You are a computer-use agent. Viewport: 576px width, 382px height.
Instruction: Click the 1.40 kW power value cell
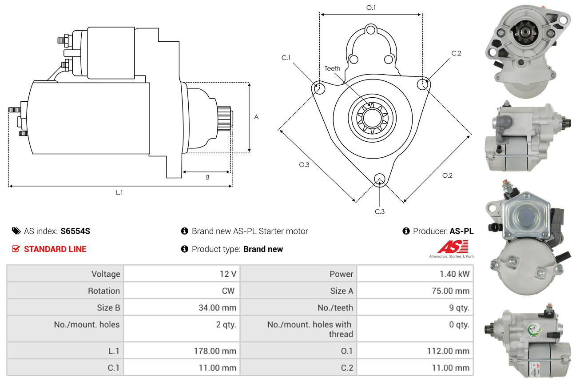pos(454,274)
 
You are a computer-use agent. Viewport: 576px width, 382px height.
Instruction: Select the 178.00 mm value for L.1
pos(215,351)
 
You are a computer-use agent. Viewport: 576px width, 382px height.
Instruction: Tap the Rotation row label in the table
pos(104,290)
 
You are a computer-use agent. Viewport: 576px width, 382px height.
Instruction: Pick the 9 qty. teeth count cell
pos(459,308)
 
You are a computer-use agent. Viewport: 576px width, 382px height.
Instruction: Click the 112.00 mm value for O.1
pos(448,351)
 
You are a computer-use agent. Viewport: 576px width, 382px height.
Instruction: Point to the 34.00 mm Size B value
pos(217,308)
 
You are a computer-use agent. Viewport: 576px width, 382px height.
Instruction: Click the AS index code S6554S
pos(75,231)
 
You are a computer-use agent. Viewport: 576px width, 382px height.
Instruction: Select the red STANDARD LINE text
pos(55,249)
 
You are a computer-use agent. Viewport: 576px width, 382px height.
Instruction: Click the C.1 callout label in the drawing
pos(286,58)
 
